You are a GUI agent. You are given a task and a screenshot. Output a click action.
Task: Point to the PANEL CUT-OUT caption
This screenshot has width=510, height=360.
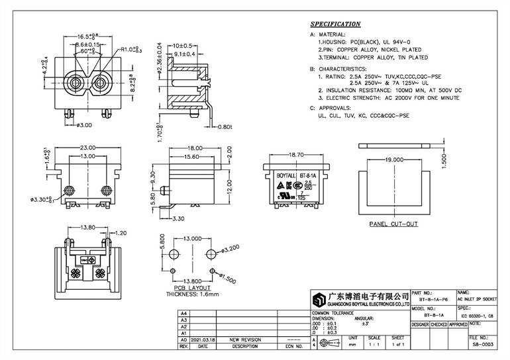394,224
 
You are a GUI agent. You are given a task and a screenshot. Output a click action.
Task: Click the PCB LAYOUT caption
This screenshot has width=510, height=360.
192,289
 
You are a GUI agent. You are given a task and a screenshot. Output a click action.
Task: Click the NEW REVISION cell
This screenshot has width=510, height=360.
244,339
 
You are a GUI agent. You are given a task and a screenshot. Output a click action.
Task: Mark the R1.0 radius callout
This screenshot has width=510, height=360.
130,49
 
